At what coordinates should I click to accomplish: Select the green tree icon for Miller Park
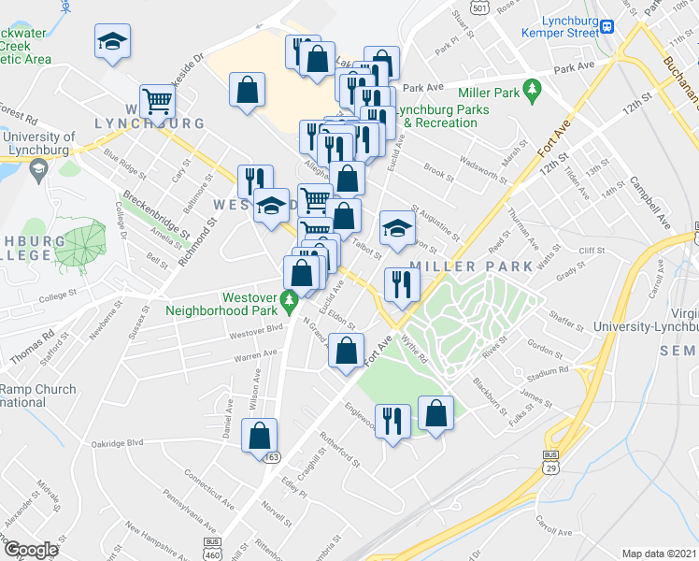534,91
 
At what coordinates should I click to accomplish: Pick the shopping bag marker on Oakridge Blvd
259,435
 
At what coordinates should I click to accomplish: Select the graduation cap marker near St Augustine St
397,227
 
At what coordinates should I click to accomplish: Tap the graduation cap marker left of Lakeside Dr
112,41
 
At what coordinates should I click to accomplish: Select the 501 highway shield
479,7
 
